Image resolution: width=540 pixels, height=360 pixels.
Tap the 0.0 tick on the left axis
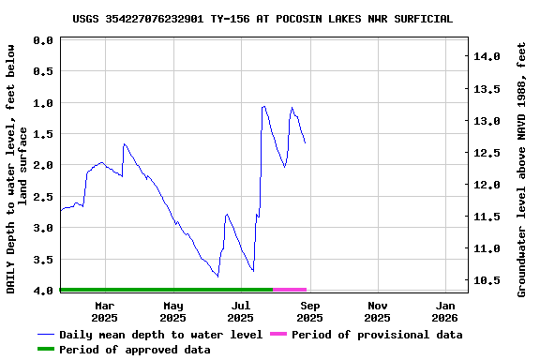[42, 40]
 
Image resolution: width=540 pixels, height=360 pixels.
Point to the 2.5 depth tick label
[42, 197]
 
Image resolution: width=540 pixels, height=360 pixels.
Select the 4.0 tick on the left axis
[42, 291]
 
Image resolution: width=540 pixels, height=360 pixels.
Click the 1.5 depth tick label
[42, 134]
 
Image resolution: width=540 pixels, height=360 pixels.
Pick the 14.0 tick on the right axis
[487, 57]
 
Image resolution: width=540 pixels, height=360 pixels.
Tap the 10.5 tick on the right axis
[487, 280]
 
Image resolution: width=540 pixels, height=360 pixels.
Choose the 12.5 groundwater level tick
[487, 153]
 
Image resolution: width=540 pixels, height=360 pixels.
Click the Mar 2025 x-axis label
[105, 311]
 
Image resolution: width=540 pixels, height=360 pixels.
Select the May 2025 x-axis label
[173, 311]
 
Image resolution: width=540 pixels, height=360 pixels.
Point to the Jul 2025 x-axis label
[241, 311]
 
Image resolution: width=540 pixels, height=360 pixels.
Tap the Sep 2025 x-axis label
[310, 311]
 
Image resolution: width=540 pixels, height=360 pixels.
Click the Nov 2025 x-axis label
[378, 311]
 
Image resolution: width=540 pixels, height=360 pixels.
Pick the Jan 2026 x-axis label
[446, 311]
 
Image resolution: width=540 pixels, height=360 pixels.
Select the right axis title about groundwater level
[521, 169]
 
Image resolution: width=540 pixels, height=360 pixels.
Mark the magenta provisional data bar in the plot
[290, 290]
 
